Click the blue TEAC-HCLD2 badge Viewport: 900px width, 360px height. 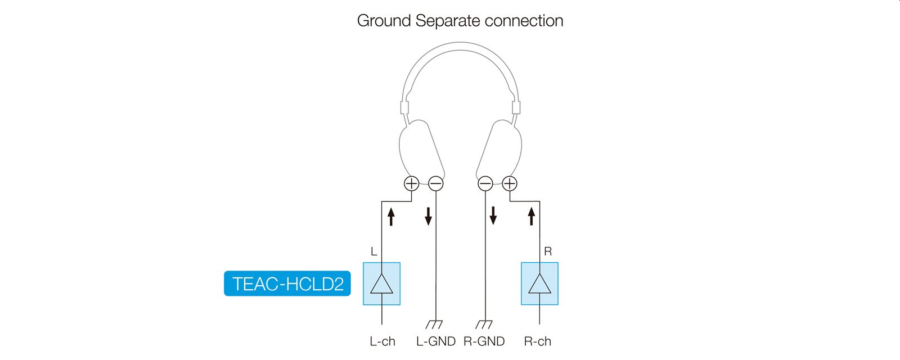pos(287,283)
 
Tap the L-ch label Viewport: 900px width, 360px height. pos(382,341)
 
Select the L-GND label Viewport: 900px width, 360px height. pos(435,341)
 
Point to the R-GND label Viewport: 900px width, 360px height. pos(484,341)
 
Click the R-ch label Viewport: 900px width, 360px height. pos(537,341)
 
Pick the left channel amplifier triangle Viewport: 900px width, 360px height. pos(381,283)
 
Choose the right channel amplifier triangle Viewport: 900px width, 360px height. pos(539,283)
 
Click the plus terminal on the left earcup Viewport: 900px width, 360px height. pos(411,183)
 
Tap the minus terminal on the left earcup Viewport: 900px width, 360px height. pos(436,183)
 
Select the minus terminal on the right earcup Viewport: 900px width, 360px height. pos(485,183)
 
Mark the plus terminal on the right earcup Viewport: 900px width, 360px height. pos(510,183)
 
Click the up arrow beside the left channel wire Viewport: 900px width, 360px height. pos(391,217)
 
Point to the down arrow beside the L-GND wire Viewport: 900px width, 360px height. pos(428,216)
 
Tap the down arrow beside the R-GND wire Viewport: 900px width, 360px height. pos(493,215)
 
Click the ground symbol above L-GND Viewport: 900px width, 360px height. pos(434,324)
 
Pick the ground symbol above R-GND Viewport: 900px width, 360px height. pos(484,324)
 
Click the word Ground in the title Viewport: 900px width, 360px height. pos(384,20)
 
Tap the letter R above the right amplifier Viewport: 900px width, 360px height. pos(548,251)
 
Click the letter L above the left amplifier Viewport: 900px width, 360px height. pos(373,251)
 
